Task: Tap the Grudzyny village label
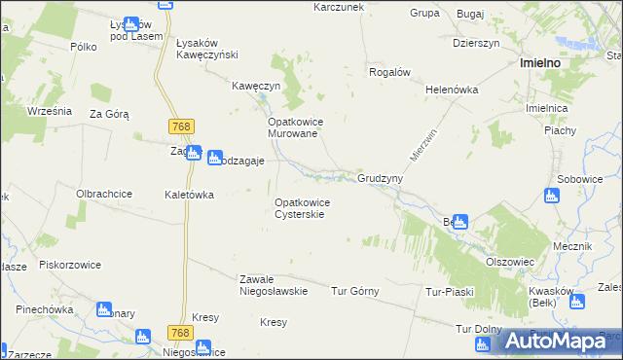380,180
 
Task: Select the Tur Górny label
355,291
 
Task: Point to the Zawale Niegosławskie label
274,284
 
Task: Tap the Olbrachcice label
104,194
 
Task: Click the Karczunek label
338,7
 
